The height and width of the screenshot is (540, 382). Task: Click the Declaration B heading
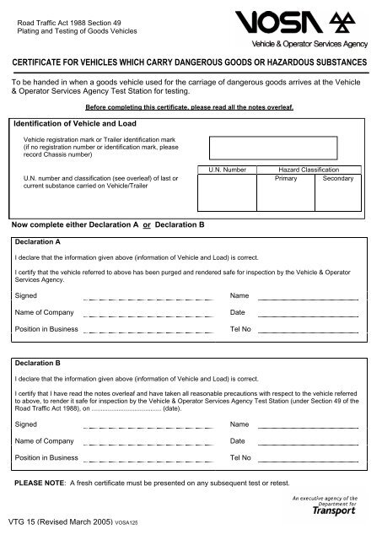[x=39, y=363]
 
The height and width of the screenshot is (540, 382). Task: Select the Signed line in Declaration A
[x=148, y=298]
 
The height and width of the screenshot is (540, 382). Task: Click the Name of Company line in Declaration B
[x=148, y=442]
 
